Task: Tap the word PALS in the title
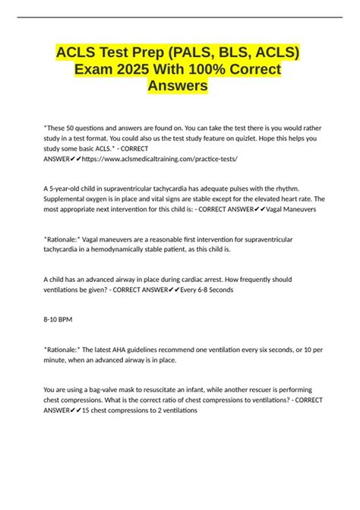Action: point(177,52)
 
